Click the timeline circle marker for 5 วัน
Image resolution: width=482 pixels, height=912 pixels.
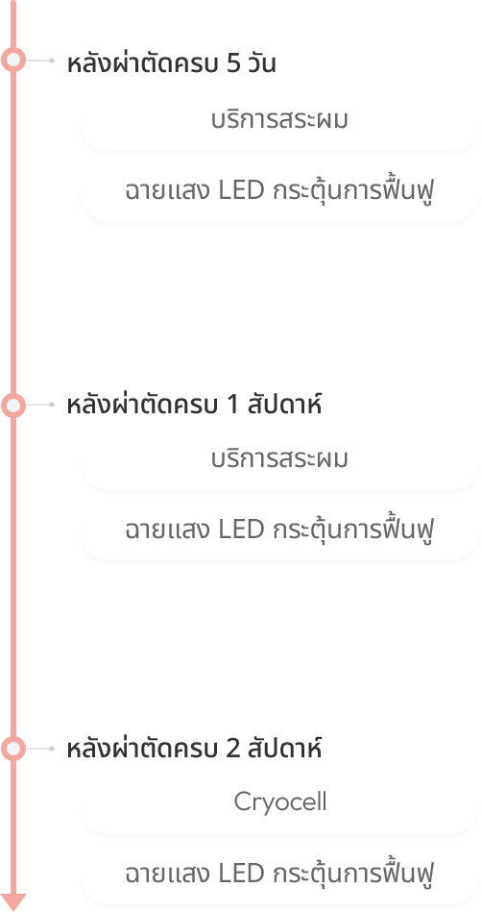tap(13, 60)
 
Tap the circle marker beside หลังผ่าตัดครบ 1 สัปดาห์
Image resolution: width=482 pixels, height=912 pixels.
tap(13, 405)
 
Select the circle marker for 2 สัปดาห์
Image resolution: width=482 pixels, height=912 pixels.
tap(13, 749)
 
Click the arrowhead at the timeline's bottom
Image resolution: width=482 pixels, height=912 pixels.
tap(13, 901)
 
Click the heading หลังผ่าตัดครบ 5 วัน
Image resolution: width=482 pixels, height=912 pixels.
tap(171, 62)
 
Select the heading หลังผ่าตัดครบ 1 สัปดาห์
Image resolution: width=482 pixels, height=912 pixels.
tap(194, 405)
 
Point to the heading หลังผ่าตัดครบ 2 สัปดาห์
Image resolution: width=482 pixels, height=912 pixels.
tap(194, 748)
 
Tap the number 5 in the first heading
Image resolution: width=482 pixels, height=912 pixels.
tap(233, 64)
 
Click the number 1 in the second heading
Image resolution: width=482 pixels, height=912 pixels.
tap(232, 406)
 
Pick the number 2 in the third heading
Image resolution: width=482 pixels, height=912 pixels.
tap(232, 750)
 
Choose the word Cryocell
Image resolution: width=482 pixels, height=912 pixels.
tap(280, 802)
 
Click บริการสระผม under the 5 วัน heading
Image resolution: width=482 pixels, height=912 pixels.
tap(279, 120)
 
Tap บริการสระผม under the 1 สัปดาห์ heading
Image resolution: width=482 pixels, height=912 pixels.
tap(279, 459)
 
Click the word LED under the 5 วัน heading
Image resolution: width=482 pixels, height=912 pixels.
tap(241, 191)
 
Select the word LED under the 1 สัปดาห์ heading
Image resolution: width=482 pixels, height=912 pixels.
tap(241, 530)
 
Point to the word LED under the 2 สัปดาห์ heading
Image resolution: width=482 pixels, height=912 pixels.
tap(241, 874)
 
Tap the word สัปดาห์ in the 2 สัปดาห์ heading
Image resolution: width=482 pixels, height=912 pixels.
tap(284, 748)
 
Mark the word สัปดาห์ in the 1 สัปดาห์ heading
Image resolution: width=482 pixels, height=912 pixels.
tap(284, 405)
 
